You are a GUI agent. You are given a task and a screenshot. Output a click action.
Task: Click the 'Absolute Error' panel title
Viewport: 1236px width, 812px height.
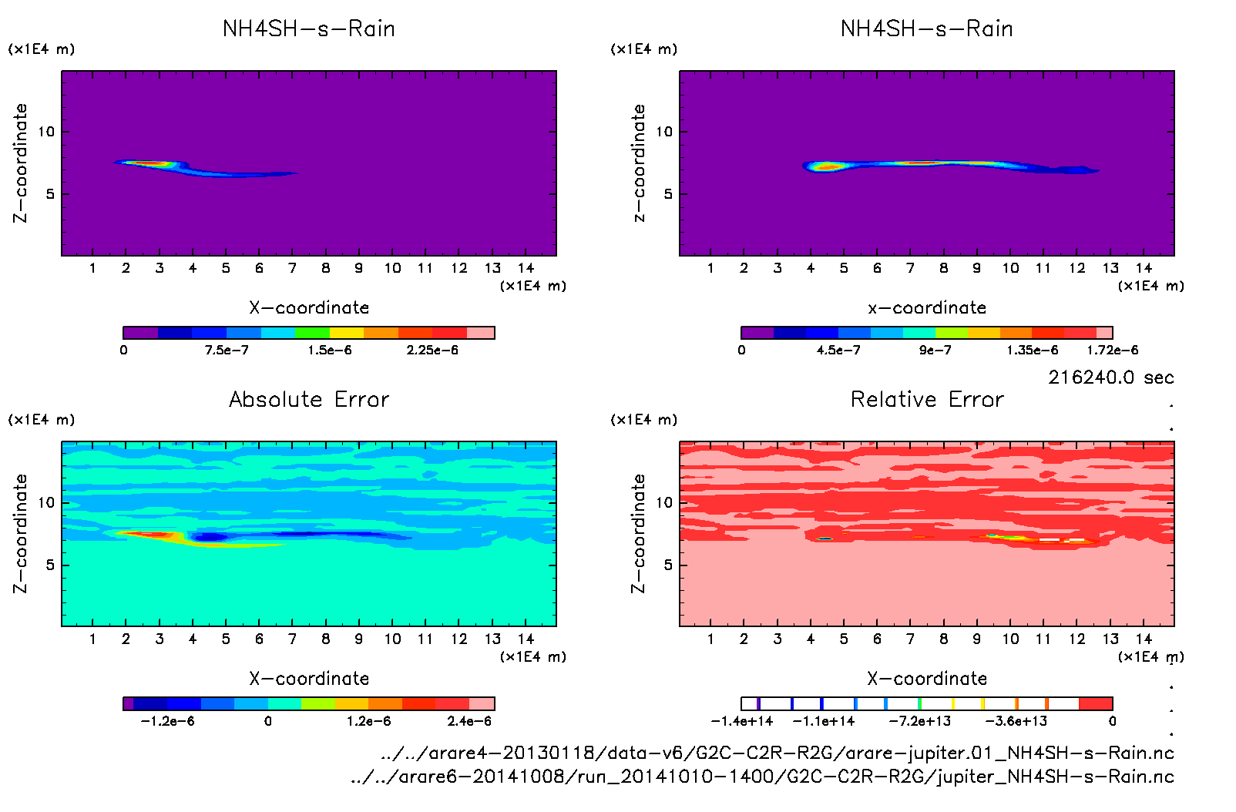[x=309, y=399]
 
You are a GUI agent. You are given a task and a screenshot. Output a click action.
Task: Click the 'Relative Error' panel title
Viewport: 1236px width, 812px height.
[x=927, y=399]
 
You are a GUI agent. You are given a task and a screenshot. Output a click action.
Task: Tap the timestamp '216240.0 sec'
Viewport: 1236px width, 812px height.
[x=1110, y=377]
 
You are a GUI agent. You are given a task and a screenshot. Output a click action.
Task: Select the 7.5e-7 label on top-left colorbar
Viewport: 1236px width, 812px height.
[x=227, y=351]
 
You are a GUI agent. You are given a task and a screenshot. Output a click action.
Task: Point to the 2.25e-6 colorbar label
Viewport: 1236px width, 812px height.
[x=432, y=351]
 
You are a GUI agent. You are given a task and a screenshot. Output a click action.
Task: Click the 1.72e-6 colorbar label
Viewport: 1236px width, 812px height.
[x=1112, y=351]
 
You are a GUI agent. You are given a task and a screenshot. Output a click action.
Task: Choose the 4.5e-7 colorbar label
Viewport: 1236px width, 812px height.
[x=838, y=351]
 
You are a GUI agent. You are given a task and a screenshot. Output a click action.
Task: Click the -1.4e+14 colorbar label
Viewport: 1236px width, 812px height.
[x=741, y=721]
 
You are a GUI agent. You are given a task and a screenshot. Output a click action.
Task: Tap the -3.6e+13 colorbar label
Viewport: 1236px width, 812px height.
[x=1016, y=721]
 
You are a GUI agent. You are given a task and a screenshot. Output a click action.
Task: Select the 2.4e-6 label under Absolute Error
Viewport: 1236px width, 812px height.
[x=469, y=721]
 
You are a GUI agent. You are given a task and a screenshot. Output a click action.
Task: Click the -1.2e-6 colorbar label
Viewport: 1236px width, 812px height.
[x=167, y=721]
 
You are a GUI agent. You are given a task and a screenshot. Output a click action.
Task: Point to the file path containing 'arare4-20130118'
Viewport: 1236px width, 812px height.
[x=777, y=753]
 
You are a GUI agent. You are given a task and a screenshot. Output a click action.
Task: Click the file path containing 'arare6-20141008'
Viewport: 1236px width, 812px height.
[x=762, y=777]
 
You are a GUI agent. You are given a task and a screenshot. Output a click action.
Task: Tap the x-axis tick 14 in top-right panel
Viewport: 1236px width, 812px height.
[x=1144, y=268]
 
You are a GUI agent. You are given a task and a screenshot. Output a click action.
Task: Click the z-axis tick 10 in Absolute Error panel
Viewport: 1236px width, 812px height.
[x=46, y=502]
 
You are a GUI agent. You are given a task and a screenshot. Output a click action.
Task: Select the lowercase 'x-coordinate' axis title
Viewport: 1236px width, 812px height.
[x=927, y=308]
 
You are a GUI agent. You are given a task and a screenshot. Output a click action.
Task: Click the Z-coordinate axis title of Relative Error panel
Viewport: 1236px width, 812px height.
[x=638, y=533]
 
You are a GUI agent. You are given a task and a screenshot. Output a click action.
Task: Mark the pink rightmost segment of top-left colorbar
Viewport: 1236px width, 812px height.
[x=481, y=333]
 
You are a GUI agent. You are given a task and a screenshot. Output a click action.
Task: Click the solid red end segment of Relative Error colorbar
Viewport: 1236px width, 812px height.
[x=1096, y=703]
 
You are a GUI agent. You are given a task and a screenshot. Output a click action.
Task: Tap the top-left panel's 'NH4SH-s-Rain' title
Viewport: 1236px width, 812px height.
[x=309, y=29]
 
